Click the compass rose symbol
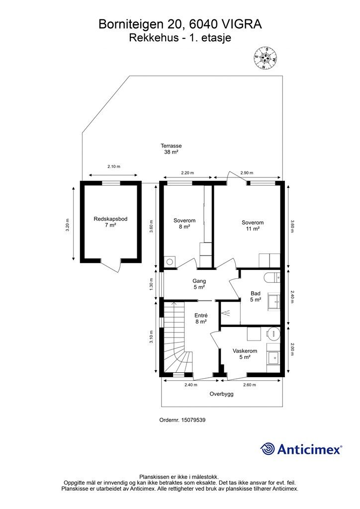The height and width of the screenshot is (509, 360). point(265,59)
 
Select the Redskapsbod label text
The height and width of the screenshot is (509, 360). point(110,219)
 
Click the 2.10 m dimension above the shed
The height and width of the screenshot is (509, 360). point(114,167)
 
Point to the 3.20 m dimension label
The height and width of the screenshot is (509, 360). point(68,225)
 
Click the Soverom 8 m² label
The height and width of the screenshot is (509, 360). point(184,224)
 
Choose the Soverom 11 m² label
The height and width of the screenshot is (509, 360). point(253,226)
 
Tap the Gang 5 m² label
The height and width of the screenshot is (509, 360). point(199,284)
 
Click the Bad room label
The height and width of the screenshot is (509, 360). point(256,293)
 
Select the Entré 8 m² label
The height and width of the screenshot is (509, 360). point(201,319)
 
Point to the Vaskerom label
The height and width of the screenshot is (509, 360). point(245,351)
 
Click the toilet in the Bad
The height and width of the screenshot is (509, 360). point(272,278)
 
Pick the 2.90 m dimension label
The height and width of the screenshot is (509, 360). point(247,173)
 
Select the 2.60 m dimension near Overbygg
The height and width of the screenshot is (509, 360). point(250,385)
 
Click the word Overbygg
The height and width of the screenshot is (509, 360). point(221,394)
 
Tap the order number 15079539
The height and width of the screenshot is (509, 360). point(193,420)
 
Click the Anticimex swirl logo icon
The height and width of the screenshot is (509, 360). point(268,449)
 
